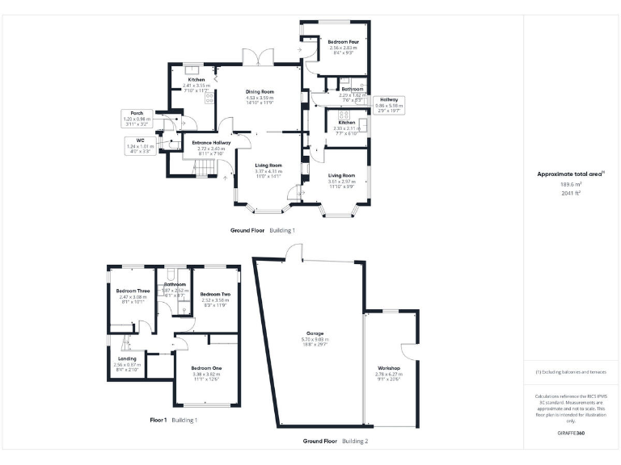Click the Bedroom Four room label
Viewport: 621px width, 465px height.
click(x=343, y=41)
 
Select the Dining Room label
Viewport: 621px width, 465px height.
click(x=260, y=92)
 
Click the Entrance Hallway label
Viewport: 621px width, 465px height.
click(x=211, y=143)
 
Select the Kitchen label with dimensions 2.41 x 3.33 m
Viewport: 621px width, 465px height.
click(x=196, y=80)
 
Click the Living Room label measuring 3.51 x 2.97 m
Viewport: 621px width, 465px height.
click(x=341, y=175)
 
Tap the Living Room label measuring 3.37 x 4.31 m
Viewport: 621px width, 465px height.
click(x=267, y=165)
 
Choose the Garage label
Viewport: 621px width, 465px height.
click(x=315, y=333)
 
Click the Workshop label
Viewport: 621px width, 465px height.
click(x=389, y=367)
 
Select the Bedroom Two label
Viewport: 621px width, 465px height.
click(x=215, y=295)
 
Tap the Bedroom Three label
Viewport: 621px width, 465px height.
click(x=132, y=291)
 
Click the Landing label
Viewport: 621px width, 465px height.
click(x=127, y=358)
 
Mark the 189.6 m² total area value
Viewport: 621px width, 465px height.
click(x=572, y=184)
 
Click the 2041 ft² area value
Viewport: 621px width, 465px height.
click(x=572, y=194)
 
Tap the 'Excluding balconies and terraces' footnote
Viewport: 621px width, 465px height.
click(x=572, y=371)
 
